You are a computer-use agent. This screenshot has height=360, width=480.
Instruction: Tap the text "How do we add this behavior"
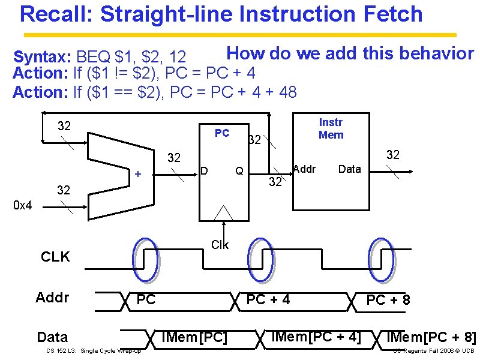pos(350,53)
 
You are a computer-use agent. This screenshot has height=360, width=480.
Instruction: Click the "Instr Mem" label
pos(331,128)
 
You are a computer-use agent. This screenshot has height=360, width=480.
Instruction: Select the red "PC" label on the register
pos(222,133)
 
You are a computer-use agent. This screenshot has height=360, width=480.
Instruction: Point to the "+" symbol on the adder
pos(137,174)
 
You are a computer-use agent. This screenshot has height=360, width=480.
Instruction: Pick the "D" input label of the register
pos(204,171)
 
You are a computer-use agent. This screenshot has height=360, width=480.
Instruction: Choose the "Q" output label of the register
pos(239,171)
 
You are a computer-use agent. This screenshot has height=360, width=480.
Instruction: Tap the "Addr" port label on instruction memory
pos(304,169)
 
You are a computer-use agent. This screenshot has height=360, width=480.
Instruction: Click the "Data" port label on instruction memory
pos(349,169)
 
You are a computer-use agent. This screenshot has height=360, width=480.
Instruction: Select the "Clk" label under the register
pos(220,245)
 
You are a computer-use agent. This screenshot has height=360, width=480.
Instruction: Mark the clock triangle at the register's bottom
pos(223,214)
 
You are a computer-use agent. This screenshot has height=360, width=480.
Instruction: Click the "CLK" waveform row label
pos(55,257)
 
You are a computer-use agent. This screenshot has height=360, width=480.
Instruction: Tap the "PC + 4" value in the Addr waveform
pos(268,299)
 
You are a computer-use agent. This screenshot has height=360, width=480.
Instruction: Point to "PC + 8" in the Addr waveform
pos(388,299)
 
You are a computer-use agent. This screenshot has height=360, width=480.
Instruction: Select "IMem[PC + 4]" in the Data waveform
pos(316,337)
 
